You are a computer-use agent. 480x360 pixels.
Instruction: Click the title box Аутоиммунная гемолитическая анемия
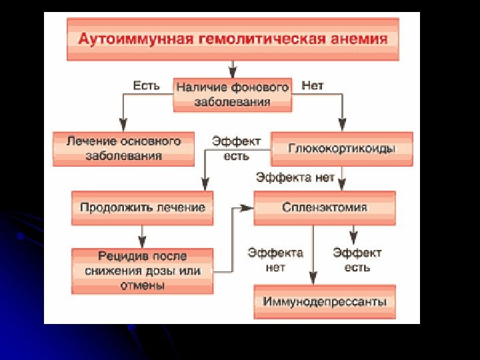[x=233, y=39]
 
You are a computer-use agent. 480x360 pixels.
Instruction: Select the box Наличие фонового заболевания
[x=233, y=95]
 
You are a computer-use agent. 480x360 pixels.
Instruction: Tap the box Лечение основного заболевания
[x=123, y=148]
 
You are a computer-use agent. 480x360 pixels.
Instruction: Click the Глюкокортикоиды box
[x=341, y=148]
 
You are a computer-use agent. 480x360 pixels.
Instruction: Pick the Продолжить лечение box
[x=143, y=207]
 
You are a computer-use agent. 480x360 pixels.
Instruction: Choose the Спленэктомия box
[x=325, y=207]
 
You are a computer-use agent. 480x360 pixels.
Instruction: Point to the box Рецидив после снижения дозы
[x=143, y=271]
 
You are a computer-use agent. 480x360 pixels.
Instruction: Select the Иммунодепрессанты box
[x=325, y=302]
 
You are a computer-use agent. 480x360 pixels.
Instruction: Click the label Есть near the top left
[x=146, y=86]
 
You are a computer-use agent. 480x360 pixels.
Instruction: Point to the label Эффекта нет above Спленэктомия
[x=295, y=177]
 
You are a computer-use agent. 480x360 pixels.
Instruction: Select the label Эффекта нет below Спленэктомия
[x=275, y=259]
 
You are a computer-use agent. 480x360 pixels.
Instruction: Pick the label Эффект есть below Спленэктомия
[x=357, y=259]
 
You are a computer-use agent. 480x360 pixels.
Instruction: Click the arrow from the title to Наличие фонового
[x=232, y=69]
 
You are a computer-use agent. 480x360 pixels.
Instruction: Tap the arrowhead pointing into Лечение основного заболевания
[x=123, y=125]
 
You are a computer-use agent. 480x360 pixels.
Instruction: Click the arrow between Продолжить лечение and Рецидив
[x=142, y=236]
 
